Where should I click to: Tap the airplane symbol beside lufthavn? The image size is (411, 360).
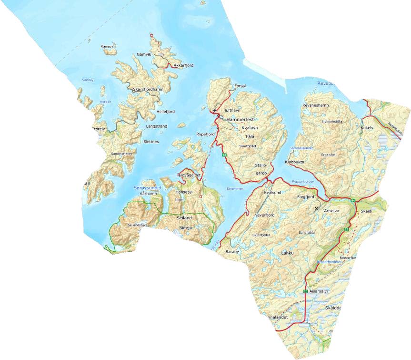(x=214, y=110)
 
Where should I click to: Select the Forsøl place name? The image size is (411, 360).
(x=241, y=86)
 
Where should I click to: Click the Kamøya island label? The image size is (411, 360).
(x=108, y=47)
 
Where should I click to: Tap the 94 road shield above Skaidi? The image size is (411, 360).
(x=352, y=200)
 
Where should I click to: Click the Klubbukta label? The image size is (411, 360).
(x=294, y=162)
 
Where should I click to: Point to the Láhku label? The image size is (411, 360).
(x=286, y=253)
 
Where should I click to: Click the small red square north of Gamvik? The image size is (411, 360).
(x=152, y=35)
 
